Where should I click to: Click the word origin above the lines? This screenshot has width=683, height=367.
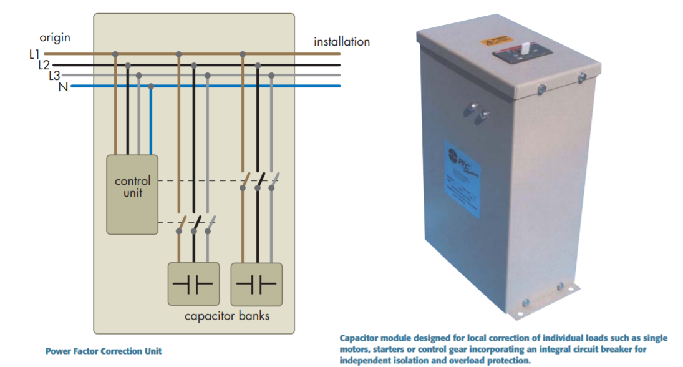tap(55, 37)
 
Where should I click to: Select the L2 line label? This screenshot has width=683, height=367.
tap(44, 65)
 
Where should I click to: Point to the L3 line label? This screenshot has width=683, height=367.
tap(54, 76)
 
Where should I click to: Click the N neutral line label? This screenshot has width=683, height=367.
tap(63, 87)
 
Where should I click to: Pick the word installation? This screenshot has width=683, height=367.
tap(341, 42)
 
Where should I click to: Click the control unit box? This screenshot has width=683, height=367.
tap(132, 194)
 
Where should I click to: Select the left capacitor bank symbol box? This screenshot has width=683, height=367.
tap(194, 284)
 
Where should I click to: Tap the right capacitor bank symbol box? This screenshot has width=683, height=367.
tap(256, 284)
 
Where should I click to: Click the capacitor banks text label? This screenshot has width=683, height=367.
tap(227, 316)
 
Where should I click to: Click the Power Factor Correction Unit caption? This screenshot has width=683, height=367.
tap(104, 351)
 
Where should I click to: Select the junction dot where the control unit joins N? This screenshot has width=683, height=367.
tap(151, 86)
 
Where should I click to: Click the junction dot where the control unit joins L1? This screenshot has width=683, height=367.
tap(115, 54)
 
